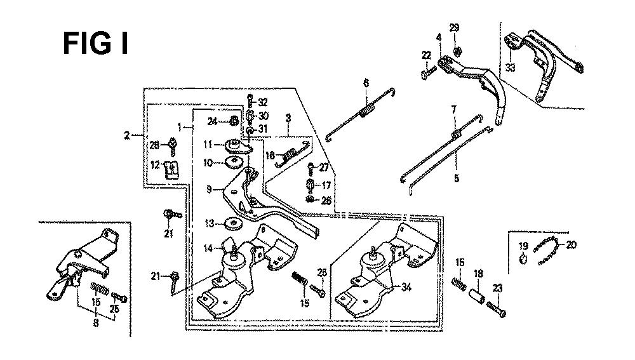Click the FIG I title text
pyautogui.click(x=96, y=43)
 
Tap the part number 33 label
pyautogui.click(x=511, y=68)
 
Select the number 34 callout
pyautogui.click(x=406, y=287)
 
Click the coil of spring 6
pyautogui.click(x=367, y=110)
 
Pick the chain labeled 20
pyautogui.click(x=547, y=251)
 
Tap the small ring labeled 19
pyautogui.click(x=523, y=258)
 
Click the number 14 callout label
pyautogui.click(x=208, y=248)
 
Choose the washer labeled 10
pyautogui.click(x=233, y=161)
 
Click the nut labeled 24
pyautogui.click(x=234, y=120)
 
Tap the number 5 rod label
pyautogui.click(x=457, y=178)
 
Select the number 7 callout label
pyautogui.click(x=454, y=110)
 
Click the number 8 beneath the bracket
pyautogui.click(x=96, y=323)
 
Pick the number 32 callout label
pyautogui.click(x=263, y=102)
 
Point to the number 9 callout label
pyautogui.click(x=209, y=189)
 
